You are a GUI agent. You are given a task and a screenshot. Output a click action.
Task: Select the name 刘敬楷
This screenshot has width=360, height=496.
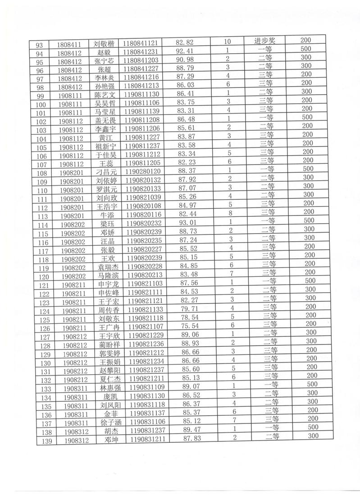[x=102, y=44]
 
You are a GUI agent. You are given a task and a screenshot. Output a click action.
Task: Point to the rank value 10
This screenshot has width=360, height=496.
[x=227, y=41]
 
